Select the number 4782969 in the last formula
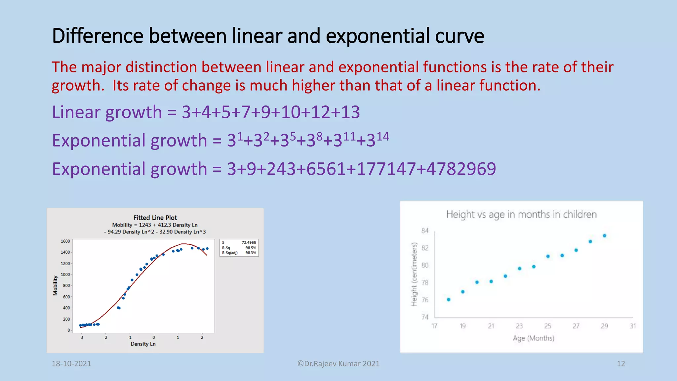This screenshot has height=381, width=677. pos(461,169)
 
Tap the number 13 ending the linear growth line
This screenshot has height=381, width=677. pos(350,112)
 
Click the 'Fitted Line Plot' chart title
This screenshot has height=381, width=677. pos(155,218)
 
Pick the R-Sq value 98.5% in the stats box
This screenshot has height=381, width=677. pos(251,248)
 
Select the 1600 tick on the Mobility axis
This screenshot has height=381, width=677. pos(65,241)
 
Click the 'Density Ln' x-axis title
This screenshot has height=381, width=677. pos(143,344)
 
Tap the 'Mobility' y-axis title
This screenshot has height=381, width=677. pos(55,285)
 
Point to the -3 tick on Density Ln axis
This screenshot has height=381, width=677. pos(81,338)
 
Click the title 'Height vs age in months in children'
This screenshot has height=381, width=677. pos(521,214)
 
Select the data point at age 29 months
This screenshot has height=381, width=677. pos(605,236)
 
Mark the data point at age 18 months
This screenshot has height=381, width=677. pos(449,300)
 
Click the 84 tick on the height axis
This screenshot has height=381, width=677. pos(425,231)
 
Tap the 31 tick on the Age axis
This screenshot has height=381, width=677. pos(633,326)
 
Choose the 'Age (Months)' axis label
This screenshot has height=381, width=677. pos(533,338)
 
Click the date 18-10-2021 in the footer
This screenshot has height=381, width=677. pos(71,364)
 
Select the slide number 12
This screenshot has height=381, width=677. pos(621,364)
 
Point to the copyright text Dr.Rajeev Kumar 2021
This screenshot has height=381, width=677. pos(338,364)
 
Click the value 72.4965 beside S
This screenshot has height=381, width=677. pos(249,242)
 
